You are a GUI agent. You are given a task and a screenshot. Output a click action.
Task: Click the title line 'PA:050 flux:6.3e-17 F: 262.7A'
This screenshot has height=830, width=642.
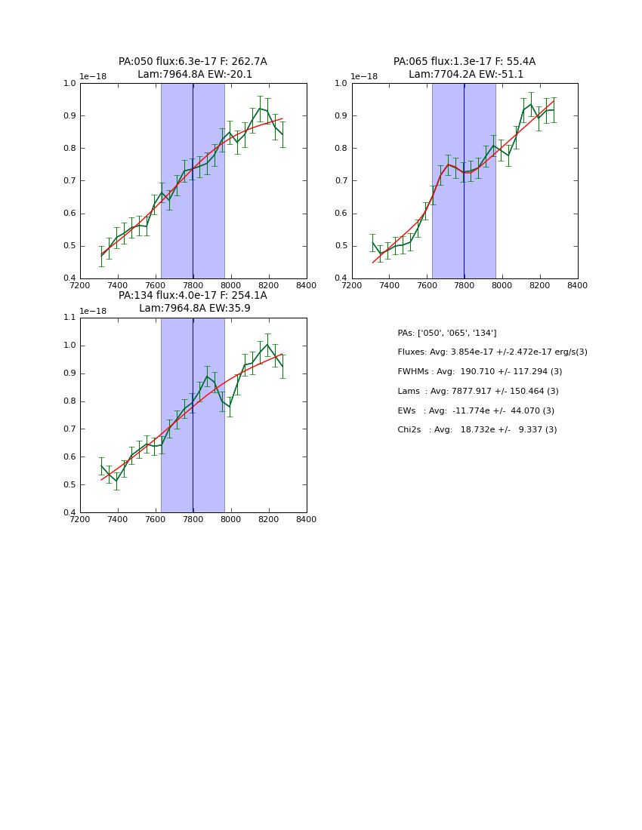pos(193,62)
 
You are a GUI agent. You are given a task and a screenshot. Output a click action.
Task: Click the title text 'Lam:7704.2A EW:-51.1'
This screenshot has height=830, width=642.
pos(465,75)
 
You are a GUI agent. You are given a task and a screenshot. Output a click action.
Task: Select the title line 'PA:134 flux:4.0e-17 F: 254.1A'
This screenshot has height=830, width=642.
pos(193,296)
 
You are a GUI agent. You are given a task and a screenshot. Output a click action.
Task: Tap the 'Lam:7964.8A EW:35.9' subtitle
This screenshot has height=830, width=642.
pos(194,309)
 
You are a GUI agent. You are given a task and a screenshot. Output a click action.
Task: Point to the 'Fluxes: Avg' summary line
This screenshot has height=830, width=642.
pos(492,352)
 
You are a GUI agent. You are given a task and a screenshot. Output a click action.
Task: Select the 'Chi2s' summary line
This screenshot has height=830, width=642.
pos(477,430)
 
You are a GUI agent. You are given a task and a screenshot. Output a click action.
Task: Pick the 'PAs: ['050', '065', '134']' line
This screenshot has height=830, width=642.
pos(446,333)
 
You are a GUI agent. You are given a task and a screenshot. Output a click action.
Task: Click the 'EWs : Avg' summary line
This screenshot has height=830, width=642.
pos(476,410)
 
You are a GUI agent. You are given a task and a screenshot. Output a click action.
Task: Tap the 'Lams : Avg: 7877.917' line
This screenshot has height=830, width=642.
pos(478,392)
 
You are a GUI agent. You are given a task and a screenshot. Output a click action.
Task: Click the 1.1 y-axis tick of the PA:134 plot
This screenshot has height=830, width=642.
pos(69,318)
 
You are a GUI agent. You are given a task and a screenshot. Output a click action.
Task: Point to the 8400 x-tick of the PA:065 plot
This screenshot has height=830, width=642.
pos(578,285)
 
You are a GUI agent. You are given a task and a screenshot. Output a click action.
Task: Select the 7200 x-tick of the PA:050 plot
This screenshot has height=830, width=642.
pos(80,285)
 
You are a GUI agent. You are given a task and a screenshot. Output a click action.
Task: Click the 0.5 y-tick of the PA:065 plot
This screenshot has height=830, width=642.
pos(341,246)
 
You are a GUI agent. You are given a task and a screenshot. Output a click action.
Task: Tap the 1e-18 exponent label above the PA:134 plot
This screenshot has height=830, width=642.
pos(92,311)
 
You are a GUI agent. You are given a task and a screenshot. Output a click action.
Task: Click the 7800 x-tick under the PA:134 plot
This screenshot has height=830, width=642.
pos(193,519)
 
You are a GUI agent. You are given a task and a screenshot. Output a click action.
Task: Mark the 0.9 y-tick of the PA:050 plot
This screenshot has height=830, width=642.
pos(69,116)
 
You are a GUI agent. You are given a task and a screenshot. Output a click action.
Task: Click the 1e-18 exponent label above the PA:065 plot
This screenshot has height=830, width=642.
pos(364,76)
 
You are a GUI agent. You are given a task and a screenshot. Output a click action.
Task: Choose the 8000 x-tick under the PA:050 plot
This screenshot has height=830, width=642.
pos(231,285)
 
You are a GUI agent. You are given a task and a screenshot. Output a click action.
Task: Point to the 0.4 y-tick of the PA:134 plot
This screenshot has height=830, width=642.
pos(69,513)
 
